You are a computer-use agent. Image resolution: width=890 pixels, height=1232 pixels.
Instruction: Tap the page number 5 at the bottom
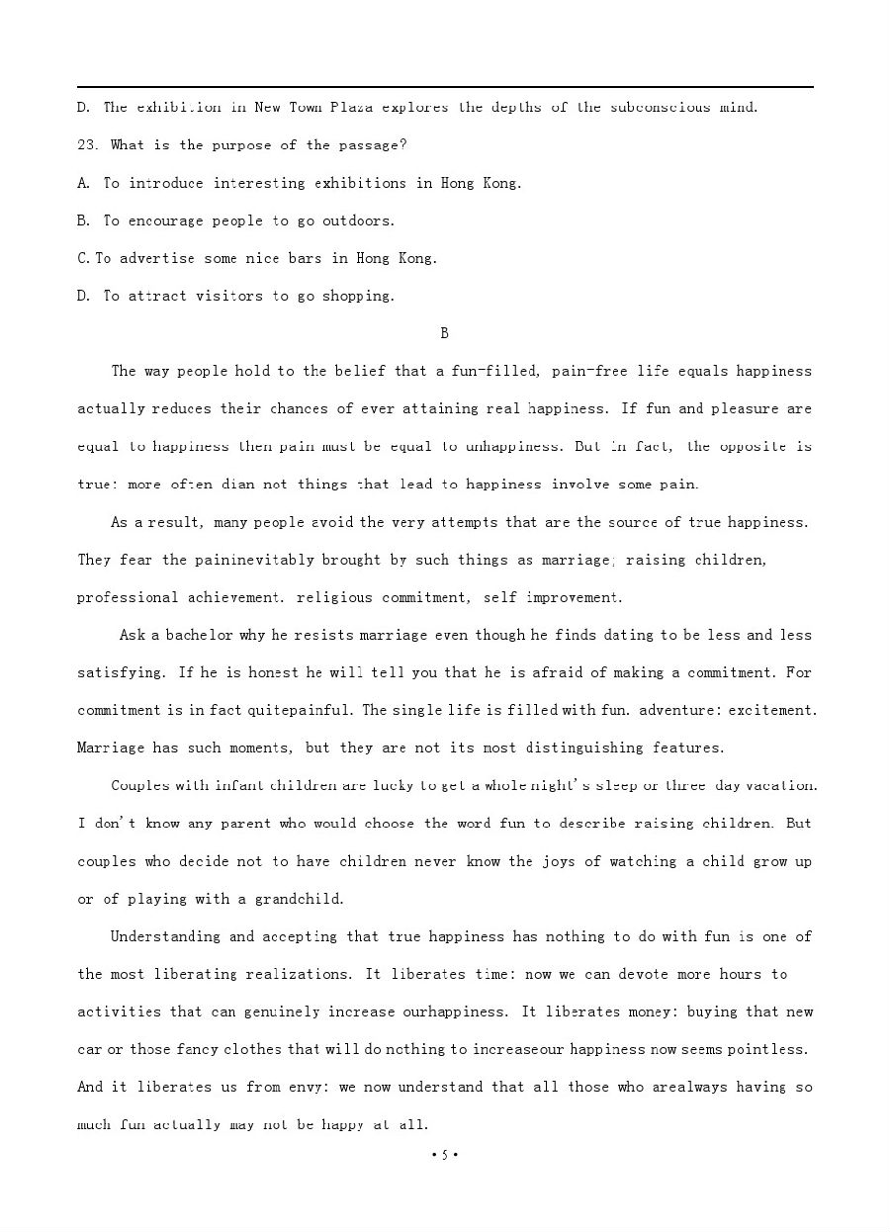click(445, 1155)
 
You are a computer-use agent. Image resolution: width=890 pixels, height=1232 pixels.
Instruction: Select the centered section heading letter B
click(445, 333)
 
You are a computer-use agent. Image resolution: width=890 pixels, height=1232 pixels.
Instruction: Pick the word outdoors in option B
click(360, 220)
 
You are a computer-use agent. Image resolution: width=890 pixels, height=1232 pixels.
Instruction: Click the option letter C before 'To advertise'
click(83, 258)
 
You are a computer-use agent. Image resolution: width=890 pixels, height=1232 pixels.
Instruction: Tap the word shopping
click(360, 296)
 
